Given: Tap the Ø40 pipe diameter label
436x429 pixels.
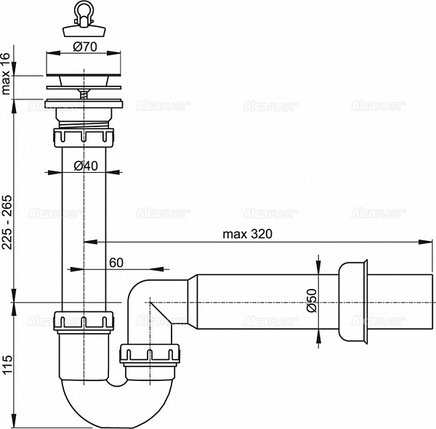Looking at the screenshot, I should [x=86, y=166].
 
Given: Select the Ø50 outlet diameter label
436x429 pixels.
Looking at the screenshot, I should [x=311, y=301].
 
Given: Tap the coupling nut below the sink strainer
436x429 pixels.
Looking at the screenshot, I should [x=84, y=137].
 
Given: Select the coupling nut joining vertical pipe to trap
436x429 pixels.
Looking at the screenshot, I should [x=84, y=320].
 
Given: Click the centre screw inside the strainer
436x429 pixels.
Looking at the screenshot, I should [x=84, y=93].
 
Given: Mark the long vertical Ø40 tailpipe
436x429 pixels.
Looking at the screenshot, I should [x=84, y=225].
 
